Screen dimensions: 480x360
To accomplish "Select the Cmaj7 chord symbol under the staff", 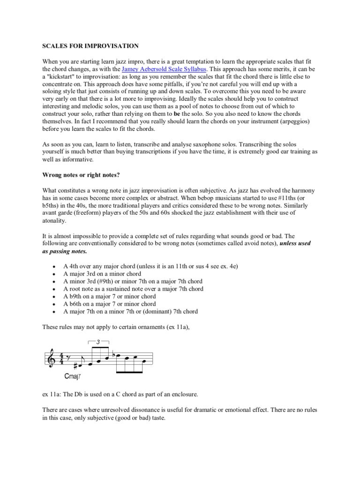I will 74,375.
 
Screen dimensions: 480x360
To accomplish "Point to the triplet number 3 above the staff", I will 97,342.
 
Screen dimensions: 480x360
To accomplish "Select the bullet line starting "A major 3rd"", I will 102,274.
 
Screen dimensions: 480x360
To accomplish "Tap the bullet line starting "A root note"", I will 134,289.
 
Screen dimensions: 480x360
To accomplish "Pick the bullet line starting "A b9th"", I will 110,296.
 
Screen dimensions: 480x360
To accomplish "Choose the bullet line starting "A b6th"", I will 110,304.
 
